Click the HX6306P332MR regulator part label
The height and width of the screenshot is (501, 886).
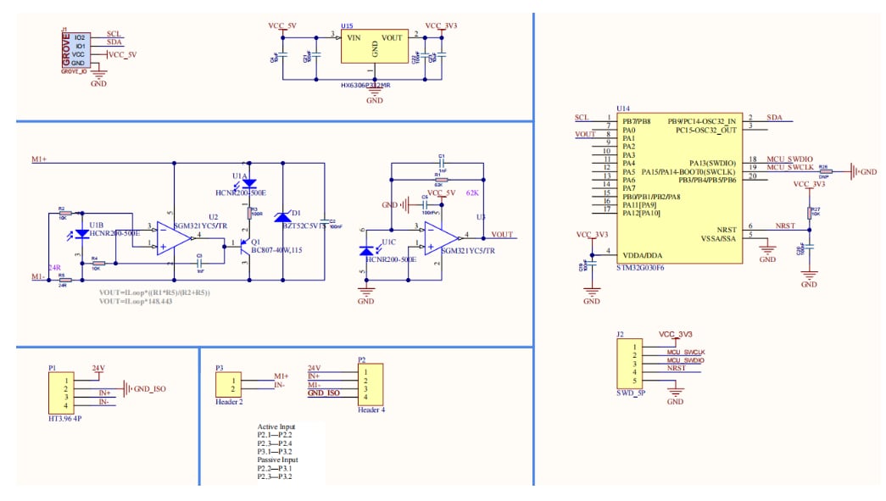point(365,85)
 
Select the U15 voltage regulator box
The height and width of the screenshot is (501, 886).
point(374,47)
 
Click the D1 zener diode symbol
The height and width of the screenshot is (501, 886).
point(283,217)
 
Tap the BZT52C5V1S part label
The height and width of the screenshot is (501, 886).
point(303,226)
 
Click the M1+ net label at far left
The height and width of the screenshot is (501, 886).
point(39,159)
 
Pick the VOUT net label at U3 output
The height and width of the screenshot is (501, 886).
point(502,235)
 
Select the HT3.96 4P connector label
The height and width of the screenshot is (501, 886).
point(65,418)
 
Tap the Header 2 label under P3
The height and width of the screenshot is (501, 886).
point(230,402)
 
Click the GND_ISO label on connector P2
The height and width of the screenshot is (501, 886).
point(323,393)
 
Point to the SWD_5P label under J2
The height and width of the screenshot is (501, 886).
point(632,394)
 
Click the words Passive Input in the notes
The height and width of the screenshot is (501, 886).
point(277,459)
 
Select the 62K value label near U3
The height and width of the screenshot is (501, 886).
point(473,193)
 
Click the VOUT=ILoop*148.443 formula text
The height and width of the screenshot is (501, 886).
point(136,301)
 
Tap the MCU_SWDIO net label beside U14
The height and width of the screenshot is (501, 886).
point(789,159)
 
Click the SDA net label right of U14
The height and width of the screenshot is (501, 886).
point(774,117)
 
